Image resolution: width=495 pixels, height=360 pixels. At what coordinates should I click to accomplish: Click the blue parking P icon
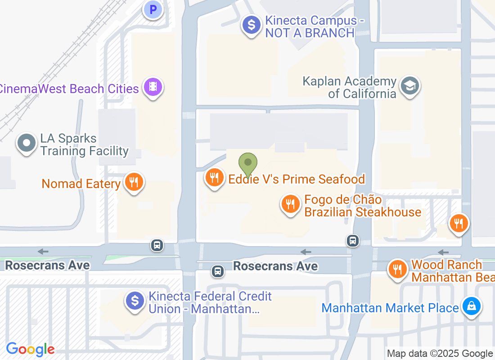click(x=153, y=9)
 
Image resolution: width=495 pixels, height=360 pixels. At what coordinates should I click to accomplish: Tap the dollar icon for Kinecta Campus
click(x=252, y=25)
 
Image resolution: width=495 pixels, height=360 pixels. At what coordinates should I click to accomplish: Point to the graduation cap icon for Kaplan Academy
click(x=410, y=85)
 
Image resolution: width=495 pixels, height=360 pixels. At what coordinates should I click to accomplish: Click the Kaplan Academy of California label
click(x=350, y=88)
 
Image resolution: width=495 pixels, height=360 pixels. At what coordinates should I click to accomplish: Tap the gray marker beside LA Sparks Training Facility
click(x=27, y=143)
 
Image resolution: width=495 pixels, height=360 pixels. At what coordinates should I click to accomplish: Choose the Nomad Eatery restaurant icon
click(x=134, y=182)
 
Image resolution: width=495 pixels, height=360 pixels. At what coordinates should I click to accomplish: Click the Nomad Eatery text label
click(x=81, y=184)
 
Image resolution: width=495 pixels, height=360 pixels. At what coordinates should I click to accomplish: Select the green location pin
click(x=247, y=163)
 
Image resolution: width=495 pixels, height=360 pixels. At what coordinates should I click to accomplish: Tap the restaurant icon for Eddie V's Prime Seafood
click(x=215, y=177)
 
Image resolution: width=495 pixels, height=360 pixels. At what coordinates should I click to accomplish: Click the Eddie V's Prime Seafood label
click(x=297, y=179)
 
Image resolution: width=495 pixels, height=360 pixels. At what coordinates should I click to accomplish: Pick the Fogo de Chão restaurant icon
click(x=291, y=204)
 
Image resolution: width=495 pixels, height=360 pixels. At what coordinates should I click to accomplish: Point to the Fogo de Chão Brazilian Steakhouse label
click(x=363, y=206)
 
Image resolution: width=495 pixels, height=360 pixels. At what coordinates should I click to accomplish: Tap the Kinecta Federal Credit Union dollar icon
click(x=135, y=301)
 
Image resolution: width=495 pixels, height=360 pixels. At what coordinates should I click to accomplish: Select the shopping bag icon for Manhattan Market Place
click(x=471, y=307)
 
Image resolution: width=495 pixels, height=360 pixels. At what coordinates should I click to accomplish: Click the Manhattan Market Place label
click(x=390, y=308)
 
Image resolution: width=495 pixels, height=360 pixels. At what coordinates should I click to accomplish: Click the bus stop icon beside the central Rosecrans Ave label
click(x=218, y=271)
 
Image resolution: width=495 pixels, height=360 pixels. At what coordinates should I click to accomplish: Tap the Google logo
click(x=30, y=349)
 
